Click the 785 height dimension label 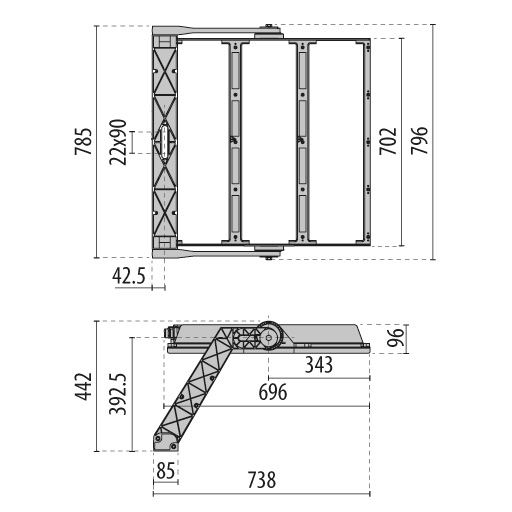pos(83,141)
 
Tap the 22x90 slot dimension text pos(118,142)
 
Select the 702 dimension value pos(388,141)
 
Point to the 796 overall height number pos(419,140)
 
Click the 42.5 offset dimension pos(129,276)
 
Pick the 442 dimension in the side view pos(83,386)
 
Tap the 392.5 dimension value pos(118,394)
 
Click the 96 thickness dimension pos(396,337)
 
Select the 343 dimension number pos(319,365)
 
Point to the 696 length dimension pos(273,392)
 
